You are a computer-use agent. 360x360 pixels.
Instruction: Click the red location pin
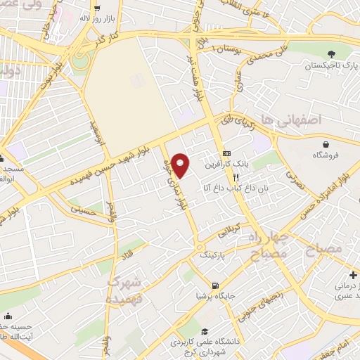point(181,165)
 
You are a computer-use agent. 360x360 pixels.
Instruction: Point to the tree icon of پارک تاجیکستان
point(331,53)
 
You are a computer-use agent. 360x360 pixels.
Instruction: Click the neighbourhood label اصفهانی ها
point(289,120)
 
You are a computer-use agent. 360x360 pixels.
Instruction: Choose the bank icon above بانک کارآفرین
point(226,153)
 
